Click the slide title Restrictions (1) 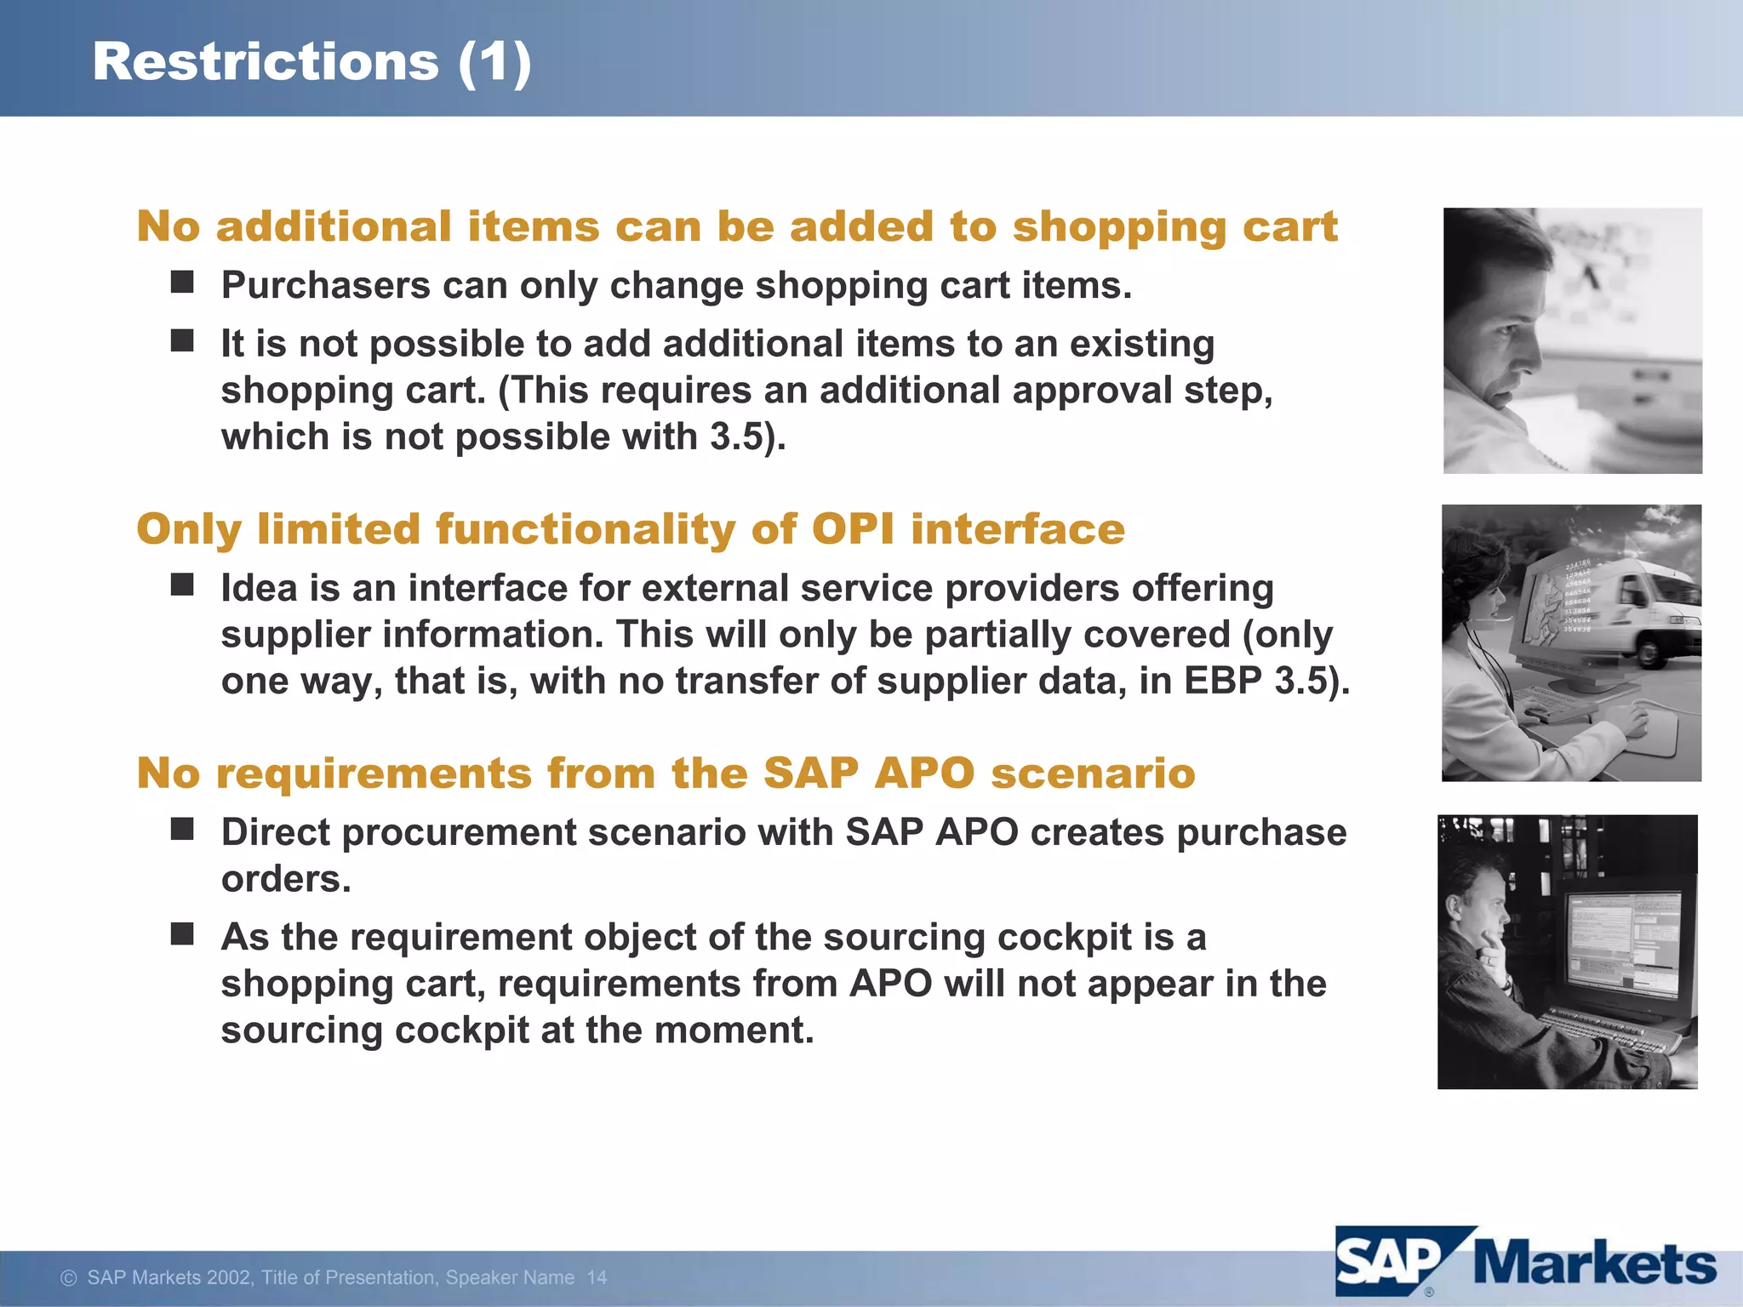[x=311, y=62]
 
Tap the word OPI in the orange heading [x=853, y=529]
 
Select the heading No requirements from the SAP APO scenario [x=666, y=773]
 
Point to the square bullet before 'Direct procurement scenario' [x=182, y=829]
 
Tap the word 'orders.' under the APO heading [x=286, y=879]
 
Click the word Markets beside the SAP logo [x=1595, y=1264]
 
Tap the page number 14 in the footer [x=597, y=1277]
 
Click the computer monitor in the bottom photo [x=1624, y=945]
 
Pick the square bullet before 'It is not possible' [x=182, y=340]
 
